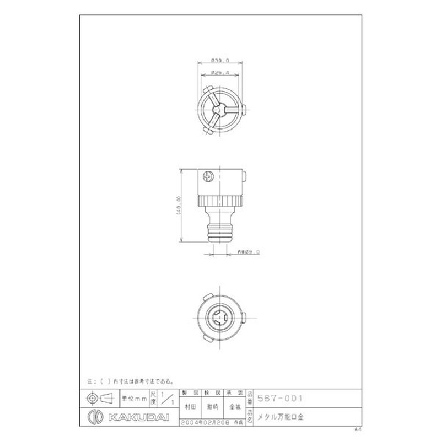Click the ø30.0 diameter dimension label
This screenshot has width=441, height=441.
[219, 61]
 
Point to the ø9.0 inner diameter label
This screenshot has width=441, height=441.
[248, 252]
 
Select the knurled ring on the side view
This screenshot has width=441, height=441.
[219, 200]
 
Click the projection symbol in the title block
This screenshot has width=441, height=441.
[99, 398]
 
